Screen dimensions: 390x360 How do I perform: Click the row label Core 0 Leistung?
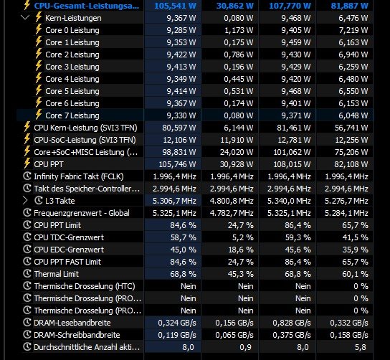72,30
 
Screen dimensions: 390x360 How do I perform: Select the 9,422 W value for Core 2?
181,55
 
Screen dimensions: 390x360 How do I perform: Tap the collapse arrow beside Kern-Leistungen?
25,17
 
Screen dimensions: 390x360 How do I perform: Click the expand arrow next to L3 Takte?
25,201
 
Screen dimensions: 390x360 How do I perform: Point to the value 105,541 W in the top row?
175,6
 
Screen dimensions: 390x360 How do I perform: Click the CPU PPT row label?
49,164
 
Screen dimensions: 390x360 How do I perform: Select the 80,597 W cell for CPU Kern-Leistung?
179,128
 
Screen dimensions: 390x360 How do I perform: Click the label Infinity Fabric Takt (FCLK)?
79,176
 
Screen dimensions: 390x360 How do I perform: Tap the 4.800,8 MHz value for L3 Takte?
232,201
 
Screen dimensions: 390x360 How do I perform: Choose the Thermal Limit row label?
56,274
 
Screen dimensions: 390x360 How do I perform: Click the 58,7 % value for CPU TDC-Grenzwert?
184,237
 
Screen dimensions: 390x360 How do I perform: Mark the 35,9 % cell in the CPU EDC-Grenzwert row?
355,250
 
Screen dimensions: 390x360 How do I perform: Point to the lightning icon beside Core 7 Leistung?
38,115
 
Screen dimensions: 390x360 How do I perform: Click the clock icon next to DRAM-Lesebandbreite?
27,322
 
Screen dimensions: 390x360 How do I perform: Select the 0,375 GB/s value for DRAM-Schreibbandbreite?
292,335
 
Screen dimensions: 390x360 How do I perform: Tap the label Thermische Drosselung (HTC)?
85,286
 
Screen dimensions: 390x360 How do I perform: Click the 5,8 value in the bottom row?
361,347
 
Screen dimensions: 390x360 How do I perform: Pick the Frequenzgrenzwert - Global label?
82,213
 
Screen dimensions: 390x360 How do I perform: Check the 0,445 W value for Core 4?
239,79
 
